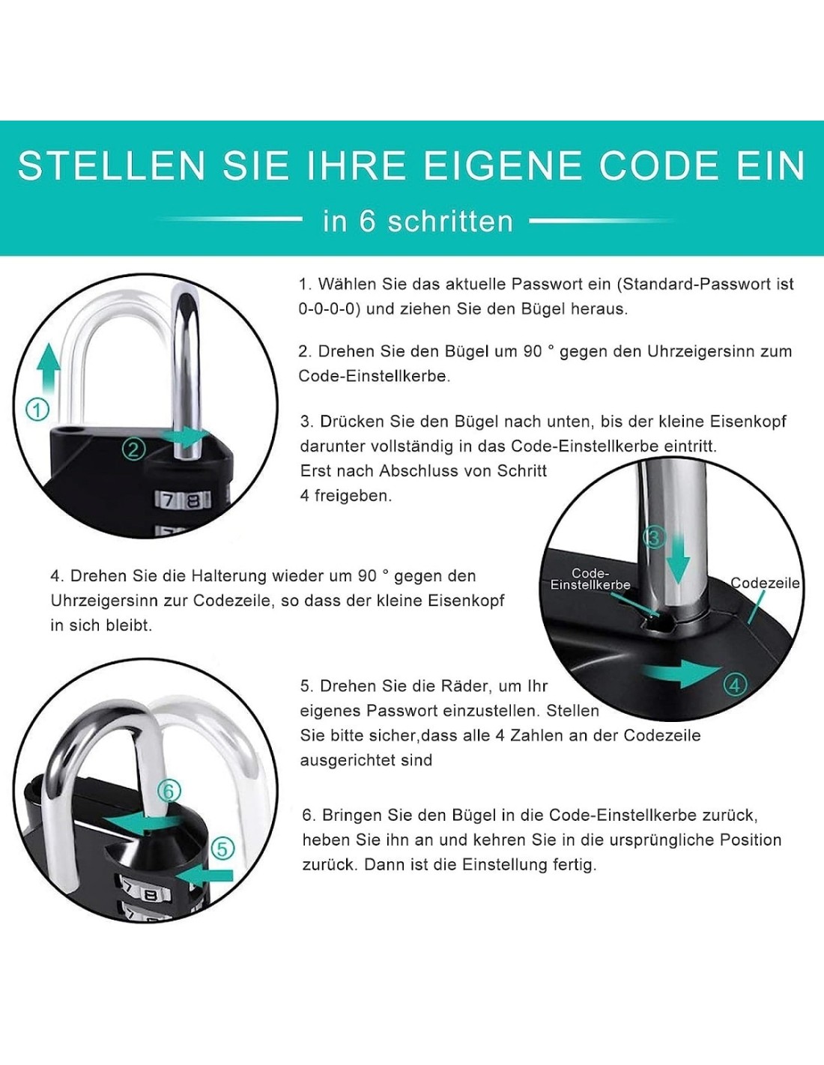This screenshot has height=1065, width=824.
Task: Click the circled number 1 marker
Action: (x=37, y=409)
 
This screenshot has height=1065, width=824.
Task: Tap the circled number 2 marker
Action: (x=133, y=449)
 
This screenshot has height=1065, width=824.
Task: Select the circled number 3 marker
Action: (x=653, y=538)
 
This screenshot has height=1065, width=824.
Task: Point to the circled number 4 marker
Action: (x=734, y=685)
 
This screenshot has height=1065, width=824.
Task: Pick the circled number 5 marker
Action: (x=222, y=849)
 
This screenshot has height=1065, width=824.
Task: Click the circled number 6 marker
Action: (x=169, y=791)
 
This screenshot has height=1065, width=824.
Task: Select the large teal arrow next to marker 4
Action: (x=682, y=674)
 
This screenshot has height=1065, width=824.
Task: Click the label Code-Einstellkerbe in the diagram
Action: (x=590, y=579)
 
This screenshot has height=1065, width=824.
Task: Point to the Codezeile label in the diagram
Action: (x=765, y=583)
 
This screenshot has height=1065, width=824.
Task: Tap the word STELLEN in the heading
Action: (x=112, y=166)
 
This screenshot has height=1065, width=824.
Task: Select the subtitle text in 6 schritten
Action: (x=418, y=221)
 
